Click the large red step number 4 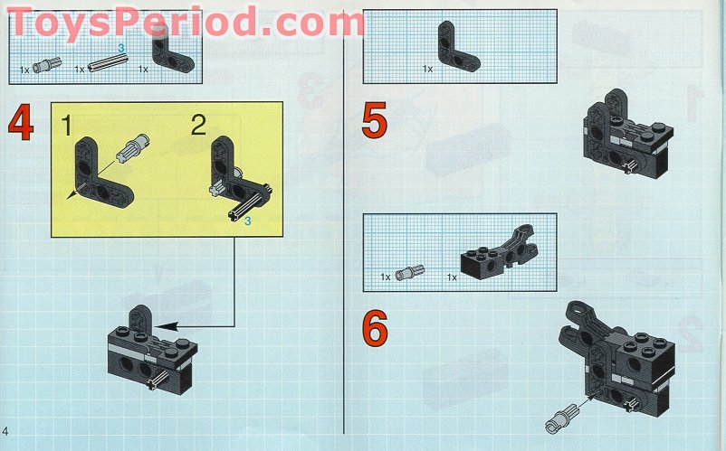point(21,122)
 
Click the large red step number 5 point(374,120)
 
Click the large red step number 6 point(375,329)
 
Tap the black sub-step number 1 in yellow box point(67,126)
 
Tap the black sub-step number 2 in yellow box point(198,126)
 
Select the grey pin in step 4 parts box point(47,65)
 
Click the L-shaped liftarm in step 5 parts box point(458,46)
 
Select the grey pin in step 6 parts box point(410,273)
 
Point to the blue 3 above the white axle point(121,48)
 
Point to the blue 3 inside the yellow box point(248,221)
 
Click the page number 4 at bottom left point(5,431)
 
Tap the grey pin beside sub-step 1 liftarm point(132,147)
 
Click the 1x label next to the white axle point(80,70)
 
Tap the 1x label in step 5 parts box point(427,69)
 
